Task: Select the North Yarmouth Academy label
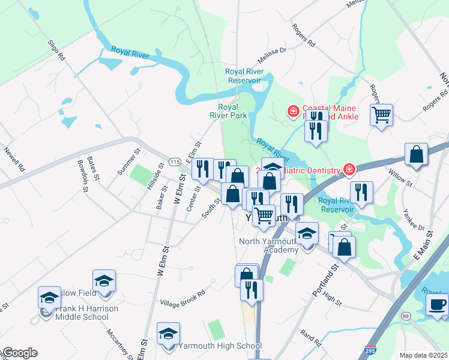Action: point(268,245)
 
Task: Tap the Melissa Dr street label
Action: point(273,55)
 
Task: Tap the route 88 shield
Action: point(406,316)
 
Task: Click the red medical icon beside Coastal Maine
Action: point(293,111)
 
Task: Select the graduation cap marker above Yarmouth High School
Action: point(168,332)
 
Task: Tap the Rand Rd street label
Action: point(312,337)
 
